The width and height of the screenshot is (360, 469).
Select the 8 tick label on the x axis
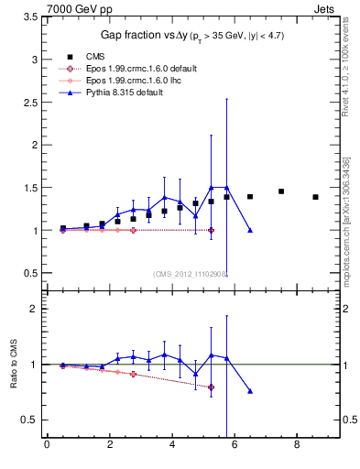coord(297,446)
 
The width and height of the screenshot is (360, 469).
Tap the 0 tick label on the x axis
coord(47,446)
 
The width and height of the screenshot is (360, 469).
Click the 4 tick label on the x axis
coord(171,446)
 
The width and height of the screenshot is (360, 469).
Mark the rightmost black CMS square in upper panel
coord(315,197)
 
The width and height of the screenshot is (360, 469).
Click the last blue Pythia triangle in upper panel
coord(250,230)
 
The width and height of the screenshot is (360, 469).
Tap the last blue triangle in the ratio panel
coord(250,391)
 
